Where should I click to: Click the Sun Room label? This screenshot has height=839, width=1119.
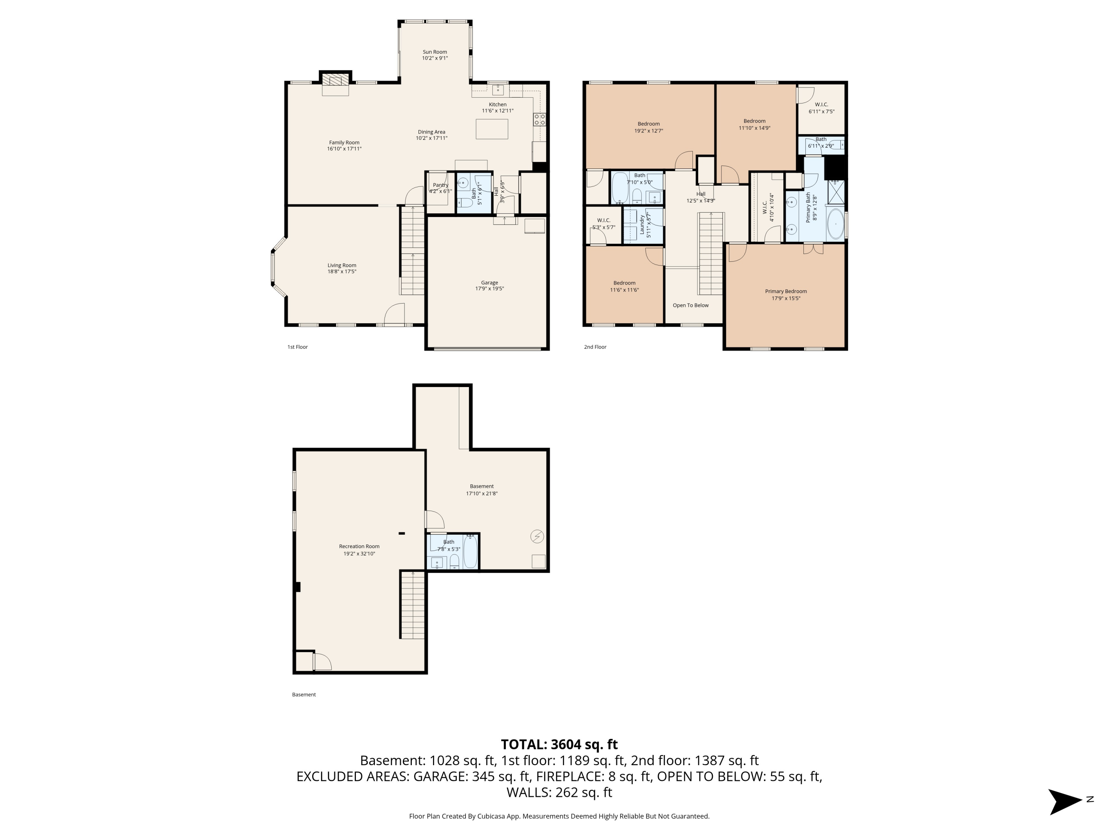click(x=435, y=51)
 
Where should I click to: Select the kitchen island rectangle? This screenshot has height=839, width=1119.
click(x=491, y=129)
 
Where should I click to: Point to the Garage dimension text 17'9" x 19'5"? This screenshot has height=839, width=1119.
click(x=489, y=289)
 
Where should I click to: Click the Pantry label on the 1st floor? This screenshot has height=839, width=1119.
click(x=440, y=185)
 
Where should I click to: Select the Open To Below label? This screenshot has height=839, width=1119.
click(x=690, y=305)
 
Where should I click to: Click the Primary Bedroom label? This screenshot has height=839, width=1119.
click(x=785, y=291)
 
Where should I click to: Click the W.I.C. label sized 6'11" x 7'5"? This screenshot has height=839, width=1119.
click(x=821, y=105)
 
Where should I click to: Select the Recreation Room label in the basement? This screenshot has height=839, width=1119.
click(x=359, y=546)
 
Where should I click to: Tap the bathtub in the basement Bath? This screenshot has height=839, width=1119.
click(x=470, y=552)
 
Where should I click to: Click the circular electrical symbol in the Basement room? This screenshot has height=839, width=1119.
click(x=537, y=536)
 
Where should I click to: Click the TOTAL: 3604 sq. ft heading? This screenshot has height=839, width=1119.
click(x=559, y=744)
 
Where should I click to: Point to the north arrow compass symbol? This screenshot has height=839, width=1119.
click(x=1065, y=802)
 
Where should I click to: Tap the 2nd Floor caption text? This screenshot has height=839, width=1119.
click(x=595, y=347)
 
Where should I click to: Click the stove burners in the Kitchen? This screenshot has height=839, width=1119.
click(x=539, y=119)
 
